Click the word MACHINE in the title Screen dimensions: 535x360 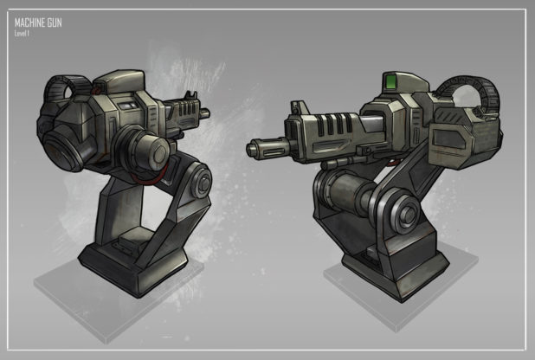(x=29, y=22)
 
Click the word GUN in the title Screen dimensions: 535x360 (x=55, y=22)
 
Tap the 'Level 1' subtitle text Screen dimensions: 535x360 (x=22, y=34)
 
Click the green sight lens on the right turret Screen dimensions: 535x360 (x=390, y=81)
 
